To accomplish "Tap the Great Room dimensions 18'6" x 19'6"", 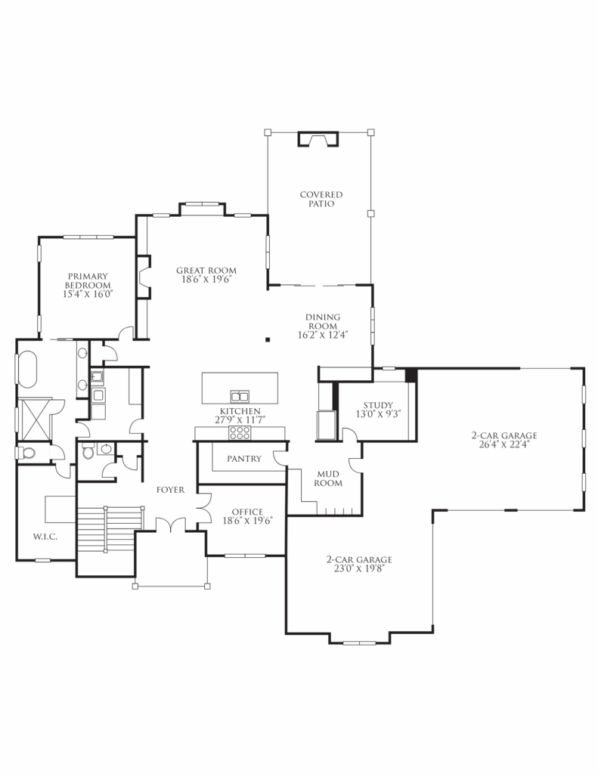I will (x=206, y=279).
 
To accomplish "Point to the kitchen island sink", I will (x=240, y=395).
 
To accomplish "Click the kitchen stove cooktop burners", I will (x=240, y=432).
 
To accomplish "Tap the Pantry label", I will (x=243, y=459).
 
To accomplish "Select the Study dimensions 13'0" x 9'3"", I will (x=377, y=413).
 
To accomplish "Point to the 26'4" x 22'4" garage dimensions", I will (x=503, y=444).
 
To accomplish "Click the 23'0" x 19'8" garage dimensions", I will (x=358, y=569).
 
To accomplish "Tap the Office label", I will (x=247, y=512).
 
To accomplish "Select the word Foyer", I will (x=171, y=490).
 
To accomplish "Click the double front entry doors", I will (x=171, y=525).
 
